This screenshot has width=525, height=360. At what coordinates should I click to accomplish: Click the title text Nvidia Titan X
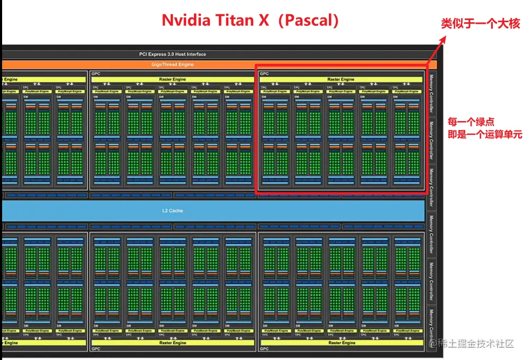click(217, 20)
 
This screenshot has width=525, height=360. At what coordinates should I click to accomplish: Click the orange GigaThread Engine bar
click(173, 64)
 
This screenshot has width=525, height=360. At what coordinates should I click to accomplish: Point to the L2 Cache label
click(172, 210)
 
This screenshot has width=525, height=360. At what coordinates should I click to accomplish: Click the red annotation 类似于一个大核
click(481, 24)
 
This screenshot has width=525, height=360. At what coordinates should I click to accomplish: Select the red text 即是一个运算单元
click(484, 135)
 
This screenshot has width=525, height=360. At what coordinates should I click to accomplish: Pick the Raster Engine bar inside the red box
click(340, 79)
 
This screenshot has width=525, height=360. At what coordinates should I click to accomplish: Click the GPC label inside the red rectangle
click(264, 73)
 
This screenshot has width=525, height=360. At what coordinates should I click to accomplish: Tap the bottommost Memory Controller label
click(431, 328)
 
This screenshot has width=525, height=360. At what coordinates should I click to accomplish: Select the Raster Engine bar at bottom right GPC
click(342, 343)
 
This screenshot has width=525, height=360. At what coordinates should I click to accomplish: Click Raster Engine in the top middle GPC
click(172, 79)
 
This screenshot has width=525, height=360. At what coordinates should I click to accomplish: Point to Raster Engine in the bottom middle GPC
click(172, 343)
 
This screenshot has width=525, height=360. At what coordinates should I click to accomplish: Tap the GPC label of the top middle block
click(95, 73)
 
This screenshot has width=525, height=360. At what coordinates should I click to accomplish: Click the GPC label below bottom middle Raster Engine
click(95, 349)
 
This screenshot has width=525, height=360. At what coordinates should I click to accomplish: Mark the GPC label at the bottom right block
click(264, 349)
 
